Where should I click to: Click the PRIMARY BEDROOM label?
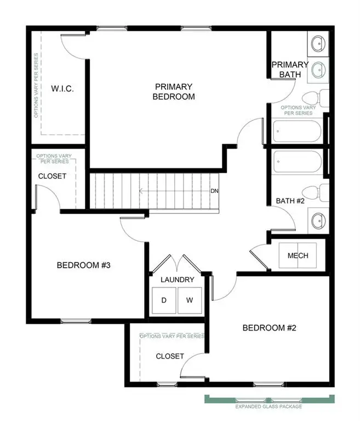[x=174, y=92]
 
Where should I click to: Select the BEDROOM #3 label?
[x=84, y=265]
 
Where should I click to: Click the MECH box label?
[x=298, y=255]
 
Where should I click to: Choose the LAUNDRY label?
[x=177, y=280]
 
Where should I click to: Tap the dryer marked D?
[x=164, y=300]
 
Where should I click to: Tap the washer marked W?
[x=190, y=300]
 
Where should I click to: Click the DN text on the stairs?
[x=214, y=191]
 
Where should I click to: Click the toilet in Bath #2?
[x=316, y=193]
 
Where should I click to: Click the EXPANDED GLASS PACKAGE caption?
[x=268, y=407]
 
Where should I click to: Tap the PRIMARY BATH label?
[x=290, y=70]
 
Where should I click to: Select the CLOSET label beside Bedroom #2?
[x=170, y=356]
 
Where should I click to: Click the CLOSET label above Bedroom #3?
[x=52, y=177]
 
